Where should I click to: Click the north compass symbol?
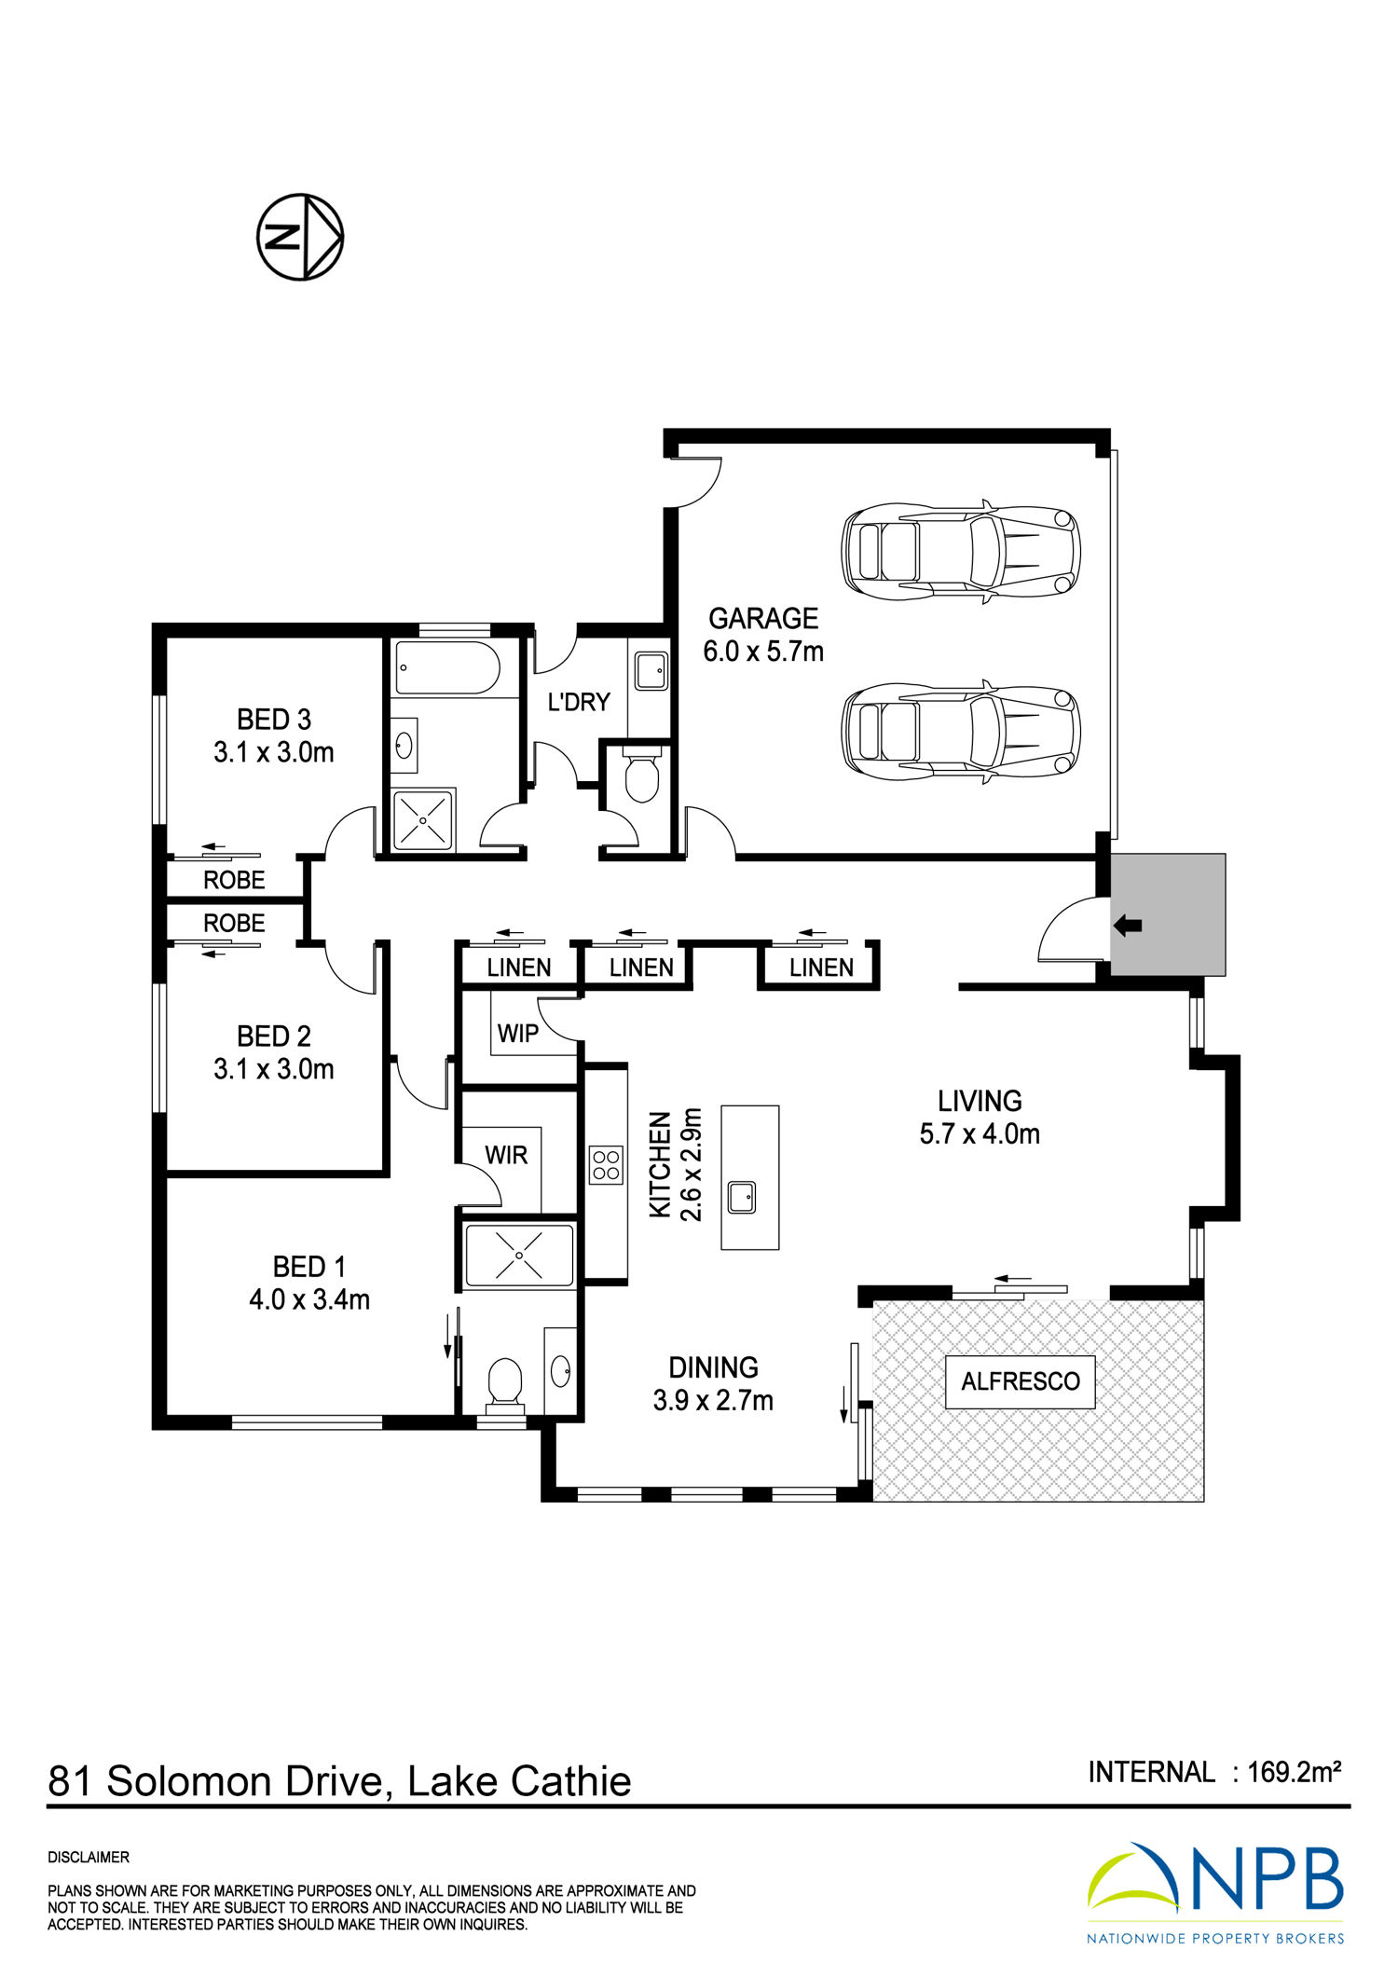click(300, 237)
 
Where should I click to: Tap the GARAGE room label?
click(763, 618)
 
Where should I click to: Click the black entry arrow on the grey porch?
click(1128, 926)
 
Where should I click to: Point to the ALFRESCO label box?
click(1021, 1381)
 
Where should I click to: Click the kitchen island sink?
click(742, 1198)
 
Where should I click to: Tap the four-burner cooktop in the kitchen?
click(606, 1165)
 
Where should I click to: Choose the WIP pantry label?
click(518, 1033)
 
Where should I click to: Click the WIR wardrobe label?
click(506, 1155)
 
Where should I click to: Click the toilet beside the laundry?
click(641, 777)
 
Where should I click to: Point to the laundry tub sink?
click(651, 669)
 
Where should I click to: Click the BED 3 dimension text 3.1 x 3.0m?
click(274, 752)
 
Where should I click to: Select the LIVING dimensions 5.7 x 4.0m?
click(980, 1133)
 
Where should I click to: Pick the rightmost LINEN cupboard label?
click(821, 968)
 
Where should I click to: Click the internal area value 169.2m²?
click(1294, 1771)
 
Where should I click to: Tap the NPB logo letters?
click(1268, 1879)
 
